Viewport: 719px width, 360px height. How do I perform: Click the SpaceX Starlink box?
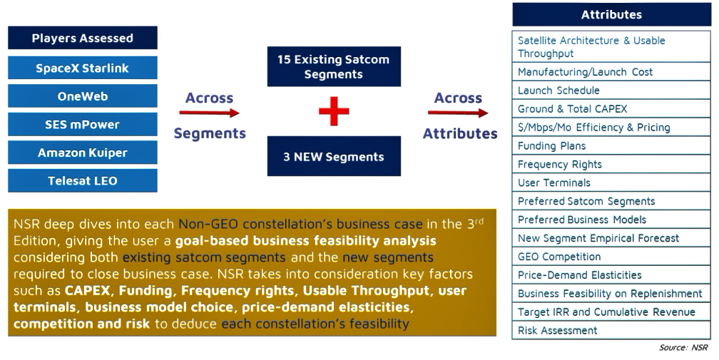83,68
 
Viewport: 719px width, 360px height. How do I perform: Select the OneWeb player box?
83,96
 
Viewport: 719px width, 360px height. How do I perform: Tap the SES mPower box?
83,124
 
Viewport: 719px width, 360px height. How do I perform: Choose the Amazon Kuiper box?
83,152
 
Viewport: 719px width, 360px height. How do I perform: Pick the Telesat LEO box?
83,180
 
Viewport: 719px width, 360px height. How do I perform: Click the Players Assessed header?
83,38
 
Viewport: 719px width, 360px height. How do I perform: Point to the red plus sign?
334,110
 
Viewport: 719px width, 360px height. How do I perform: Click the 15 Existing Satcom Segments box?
334,66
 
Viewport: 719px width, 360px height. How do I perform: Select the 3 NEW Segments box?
334,156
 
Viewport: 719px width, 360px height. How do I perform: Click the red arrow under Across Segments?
209,113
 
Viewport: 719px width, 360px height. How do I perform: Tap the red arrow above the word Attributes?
458,113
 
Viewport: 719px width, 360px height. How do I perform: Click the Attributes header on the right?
612,15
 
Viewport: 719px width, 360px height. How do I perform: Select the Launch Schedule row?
611,91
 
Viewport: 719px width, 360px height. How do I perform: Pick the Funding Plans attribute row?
611,145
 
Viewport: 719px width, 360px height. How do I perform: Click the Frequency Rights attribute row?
611,164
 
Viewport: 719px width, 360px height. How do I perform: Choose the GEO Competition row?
611,257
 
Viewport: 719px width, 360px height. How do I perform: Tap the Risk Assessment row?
611,330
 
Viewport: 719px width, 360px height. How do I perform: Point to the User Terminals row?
611,182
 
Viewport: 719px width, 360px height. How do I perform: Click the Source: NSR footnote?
683,348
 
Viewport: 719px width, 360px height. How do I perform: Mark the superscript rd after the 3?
479,221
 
